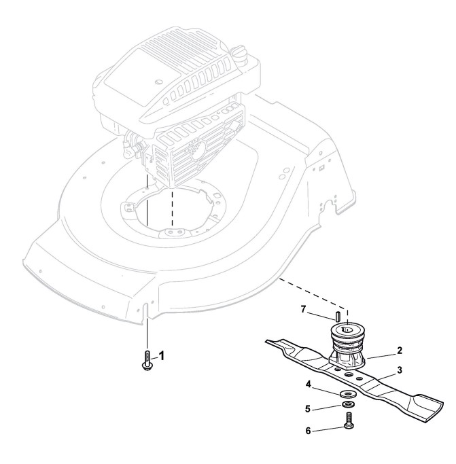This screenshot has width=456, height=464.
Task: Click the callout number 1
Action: coord(161,355)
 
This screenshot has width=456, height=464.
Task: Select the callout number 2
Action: coord(400,351)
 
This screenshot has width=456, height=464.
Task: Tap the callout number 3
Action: coord(400,370)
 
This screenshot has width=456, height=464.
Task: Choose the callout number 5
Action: coord(307,409)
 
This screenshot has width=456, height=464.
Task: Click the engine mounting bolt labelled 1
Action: coord(147,359)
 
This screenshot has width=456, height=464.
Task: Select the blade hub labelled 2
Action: coord(347,346)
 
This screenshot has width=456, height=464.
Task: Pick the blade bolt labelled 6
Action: coord(347,423)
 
